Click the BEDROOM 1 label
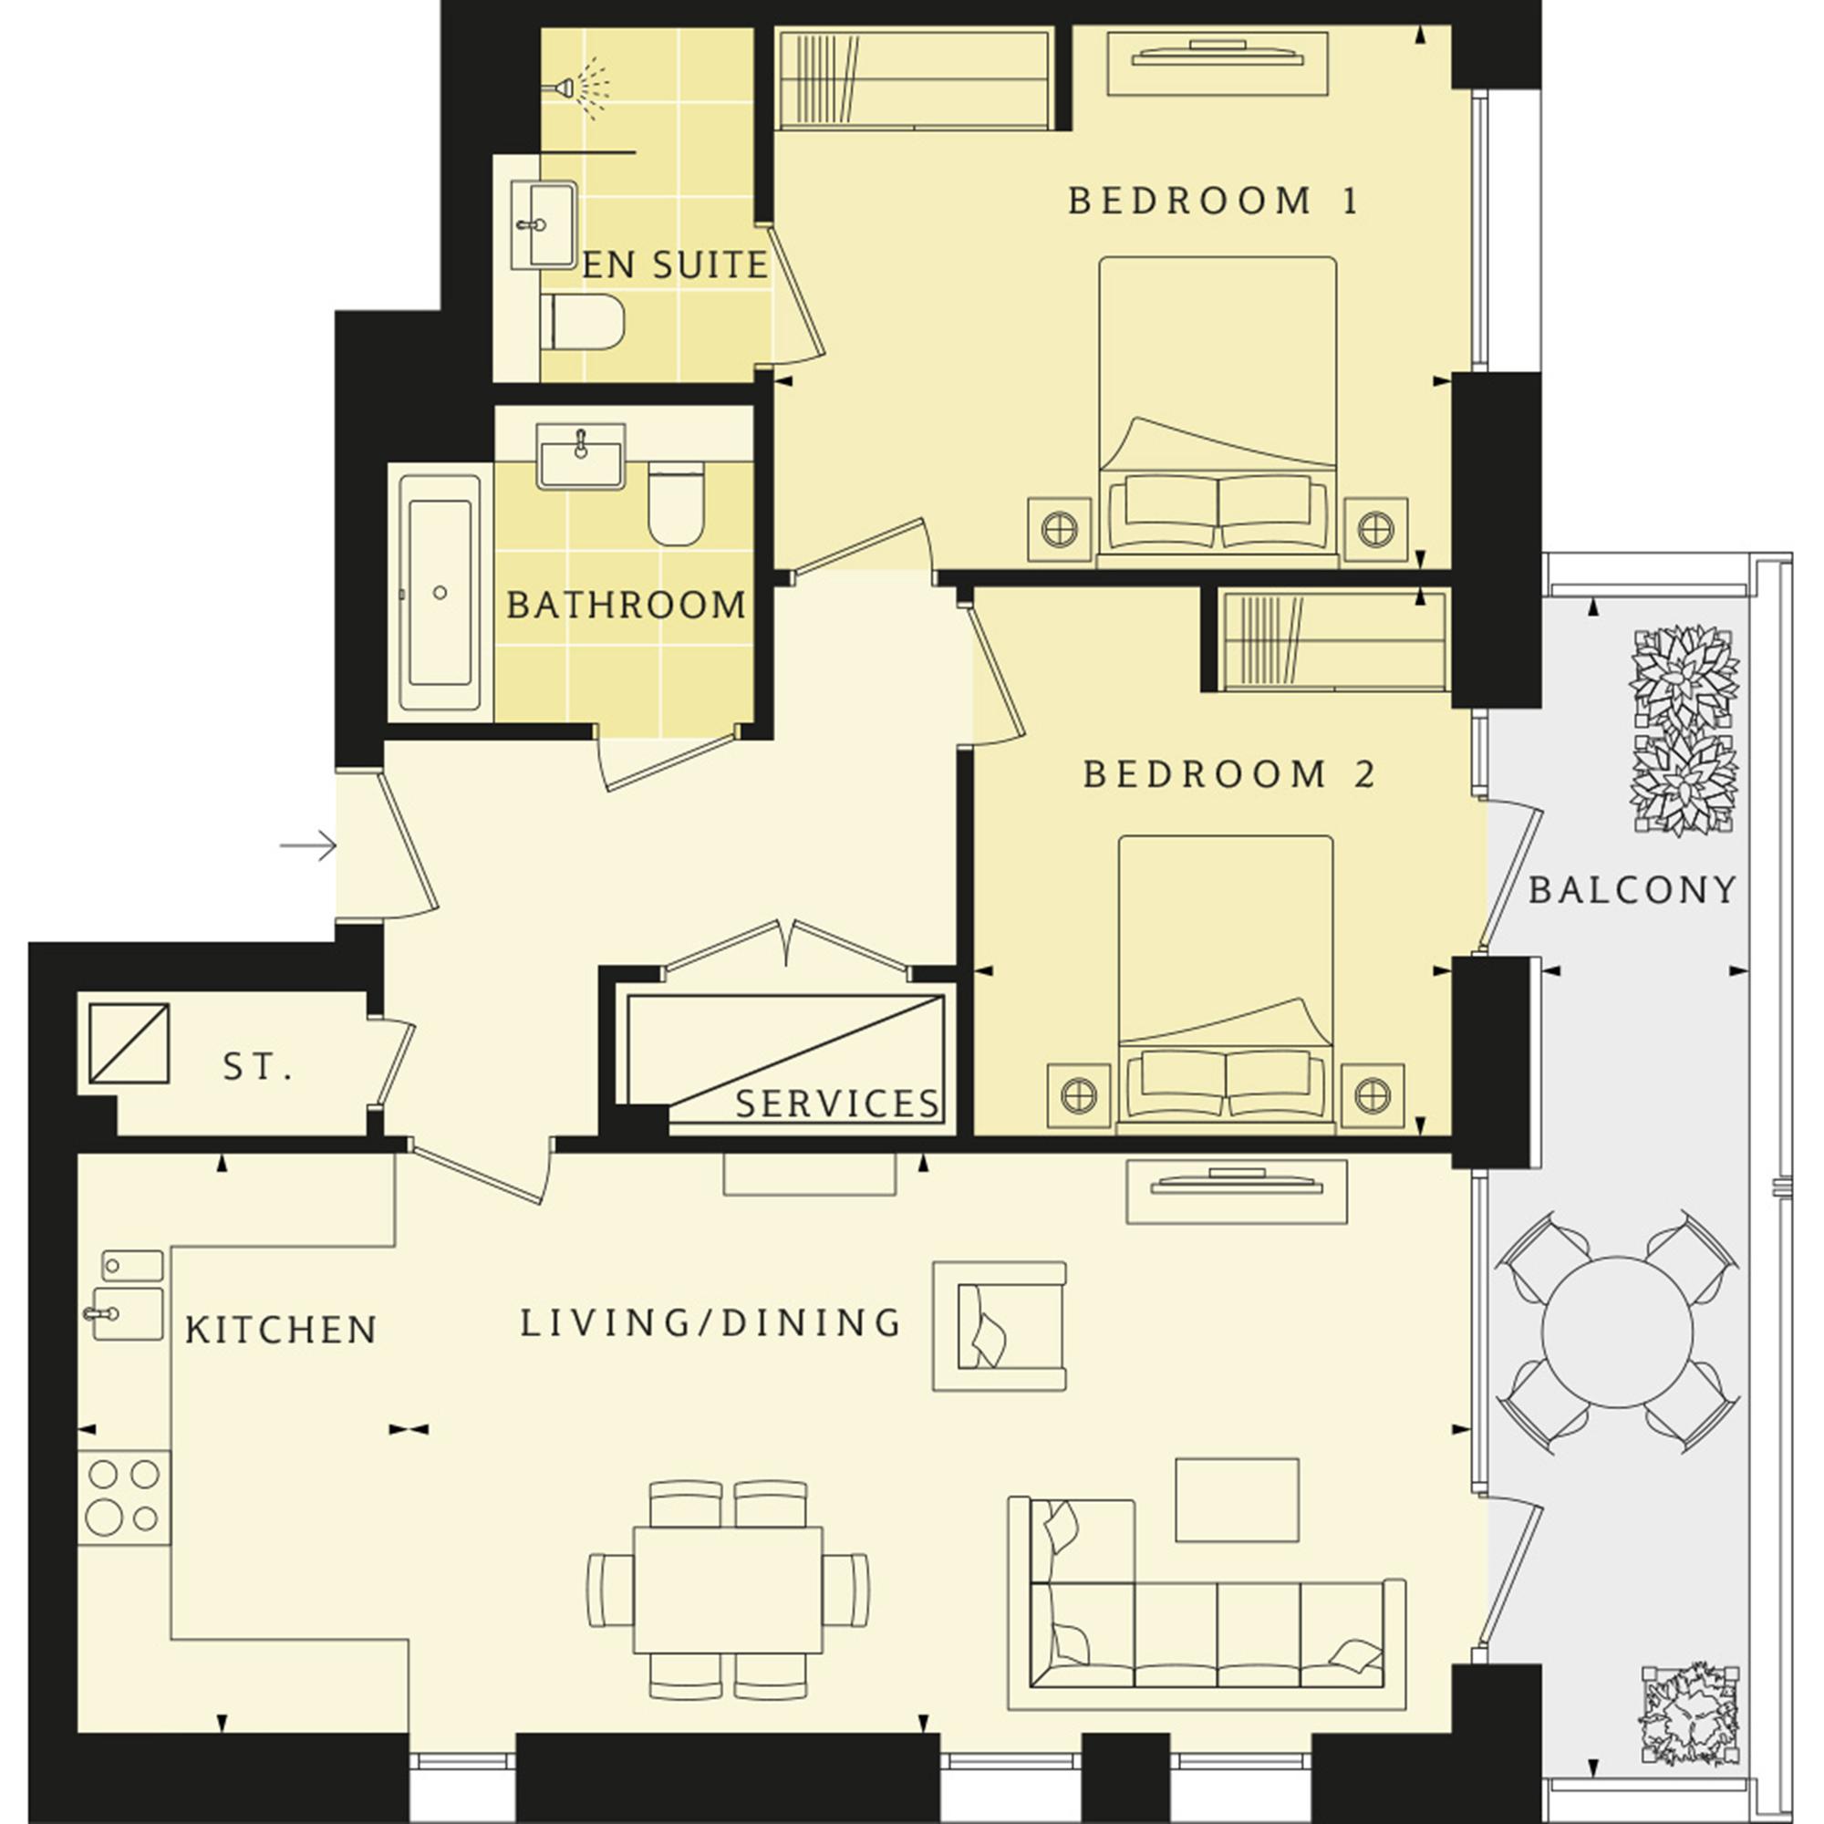1213,201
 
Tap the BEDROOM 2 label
1229,775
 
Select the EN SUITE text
675,265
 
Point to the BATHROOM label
627,606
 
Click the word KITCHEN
281,1331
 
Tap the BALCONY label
1632,889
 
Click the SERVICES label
837,1104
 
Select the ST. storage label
258,1068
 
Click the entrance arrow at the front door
307,845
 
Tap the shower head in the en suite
578,88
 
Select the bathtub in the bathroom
440,593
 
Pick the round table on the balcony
1617,1332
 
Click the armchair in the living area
999,1326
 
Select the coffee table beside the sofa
1237,1500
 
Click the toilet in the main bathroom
677,503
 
